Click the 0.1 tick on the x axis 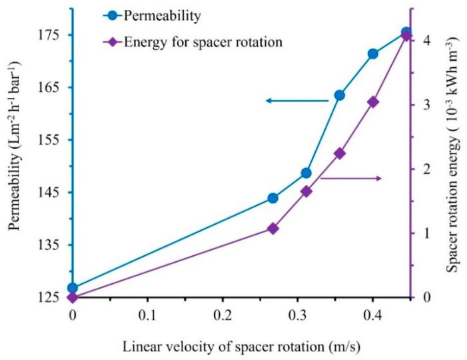point(147,313)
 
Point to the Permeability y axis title point(15,163)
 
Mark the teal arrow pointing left point(296,101)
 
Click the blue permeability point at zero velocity point(73,288)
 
